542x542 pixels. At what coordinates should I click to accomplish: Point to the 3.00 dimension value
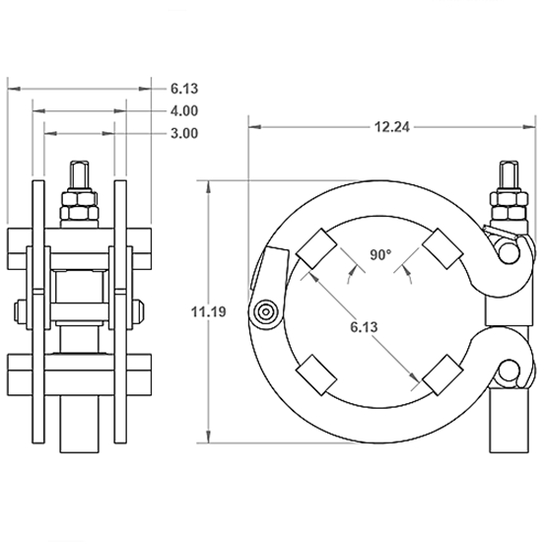click(184, 132)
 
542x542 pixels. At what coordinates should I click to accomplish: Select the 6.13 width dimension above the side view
click(184, 88)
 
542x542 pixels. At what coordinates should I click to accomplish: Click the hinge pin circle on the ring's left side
click(263, 313)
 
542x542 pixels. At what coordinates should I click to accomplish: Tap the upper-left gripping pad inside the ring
click(314, 248)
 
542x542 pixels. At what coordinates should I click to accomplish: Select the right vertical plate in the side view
click(120, 310)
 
